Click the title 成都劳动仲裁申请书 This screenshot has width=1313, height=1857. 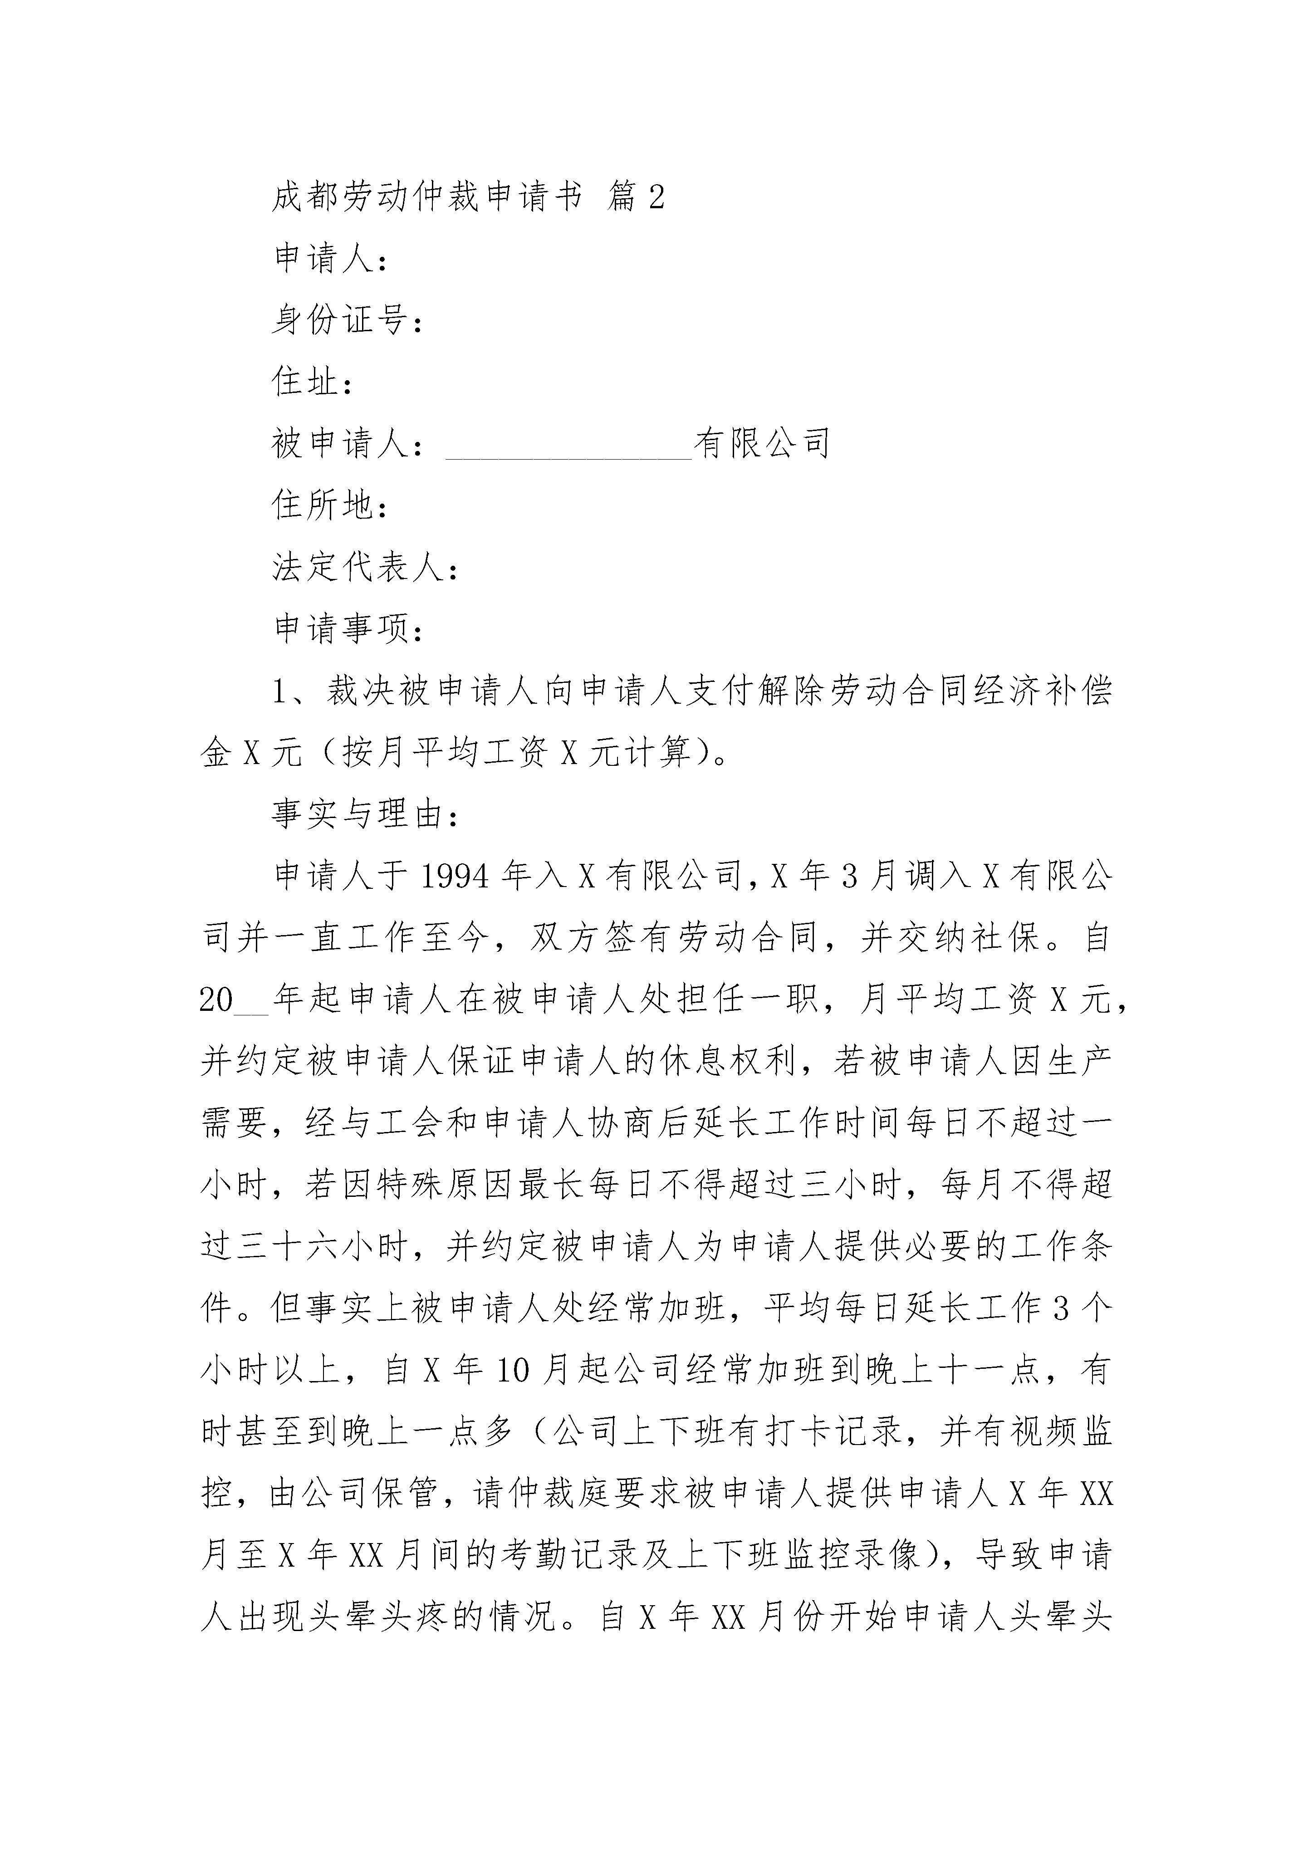click(x=426, y=197)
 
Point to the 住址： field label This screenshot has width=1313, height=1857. click(x=312, y=382)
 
